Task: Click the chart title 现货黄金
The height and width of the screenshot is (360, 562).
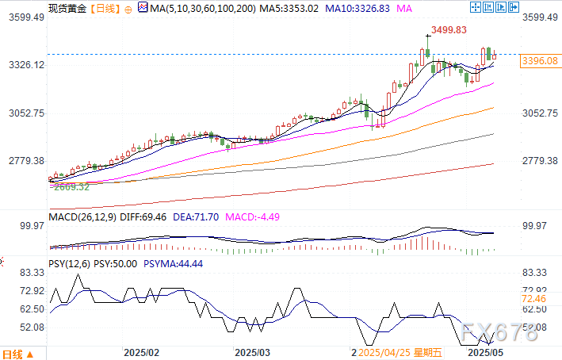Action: (x=67, y=9)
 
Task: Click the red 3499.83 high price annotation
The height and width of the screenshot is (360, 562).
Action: (x=448, y=30)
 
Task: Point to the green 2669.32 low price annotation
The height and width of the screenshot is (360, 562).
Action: (x=69, y=187)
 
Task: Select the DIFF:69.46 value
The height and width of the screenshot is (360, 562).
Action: (x=146, y=216)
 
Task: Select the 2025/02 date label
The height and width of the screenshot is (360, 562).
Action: (x=143, y=352)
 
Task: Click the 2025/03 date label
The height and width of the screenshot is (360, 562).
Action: (x=254, y=352)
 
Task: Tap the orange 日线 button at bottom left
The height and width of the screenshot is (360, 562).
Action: (x=13, y=353)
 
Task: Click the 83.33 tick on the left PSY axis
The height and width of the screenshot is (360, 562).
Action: (x=29, y=272)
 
